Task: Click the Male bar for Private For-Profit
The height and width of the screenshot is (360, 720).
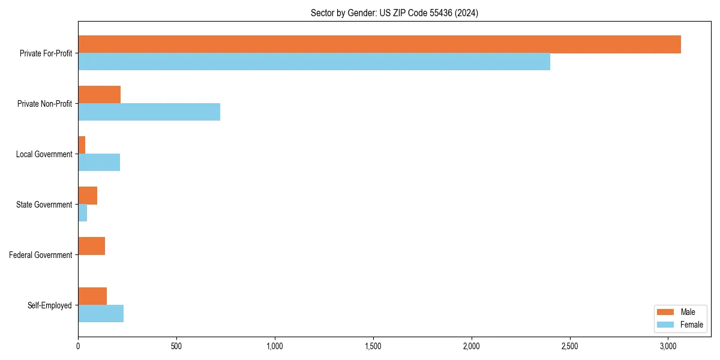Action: coord(379,44)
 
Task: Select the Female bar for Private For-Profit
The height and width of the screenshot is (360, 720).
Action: coord(314,62)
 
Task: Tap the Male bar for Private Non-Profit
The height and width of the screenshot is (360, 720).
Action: coord(99,95)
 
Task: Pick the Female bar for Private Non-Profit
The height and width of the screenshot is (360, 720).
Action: coord(149,112)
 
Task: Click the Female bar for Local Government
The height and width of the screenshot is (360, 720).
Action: coord(99,163)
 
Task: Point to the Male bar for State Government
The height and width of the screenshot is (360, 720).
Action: coord(88,196)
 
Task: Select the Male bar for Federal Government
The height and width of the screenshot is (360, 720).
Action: coord(91,246)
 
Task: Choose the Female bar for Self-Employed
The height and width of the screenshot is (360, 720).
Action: coord(101,314)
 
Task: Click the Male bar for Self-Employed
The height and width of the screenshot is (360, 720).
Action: coord(92,296)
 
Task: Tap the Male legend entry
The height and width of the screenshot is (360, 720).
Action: coord(688,312)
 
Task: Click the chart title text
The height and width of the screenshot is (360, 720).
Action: coord(394,13)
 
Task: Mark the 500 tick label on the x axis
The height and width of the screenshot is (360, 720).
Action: coord(176,346)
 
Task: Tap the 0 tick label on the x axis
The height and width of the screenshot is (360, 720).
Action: coord(78,346)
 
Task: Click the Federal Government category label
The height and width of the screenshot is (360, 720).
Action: coord(41,255)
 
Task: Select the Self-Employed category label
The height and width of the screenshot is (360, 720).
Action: coord(50,305)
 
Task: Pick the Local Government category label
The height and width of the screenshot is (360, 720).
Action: coord(44,154)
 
